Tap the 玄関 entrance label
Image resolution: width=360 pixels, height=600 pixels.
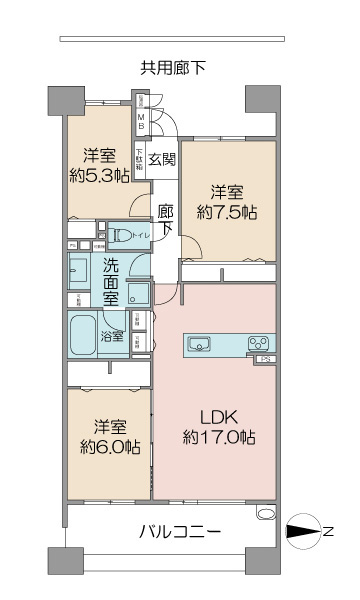click(x=162, y=158)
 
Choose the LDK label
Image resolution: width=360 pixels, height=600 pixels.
click(x=220, y=416)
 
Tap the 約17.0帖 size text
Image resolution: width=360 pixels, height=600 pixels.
click(x=220, y=438)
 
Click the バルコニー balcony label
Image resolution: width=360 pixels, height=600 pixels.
click(x=180, y=531)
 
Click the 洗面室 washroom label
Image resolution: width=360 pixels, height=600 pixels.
click(x=111, y=281)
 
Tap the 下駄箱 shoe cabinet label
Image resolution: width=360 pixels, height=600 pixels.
click(x=140, y=159)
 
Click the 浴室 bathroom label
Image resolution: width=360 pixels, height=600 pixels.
click(x=111, y=336)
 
